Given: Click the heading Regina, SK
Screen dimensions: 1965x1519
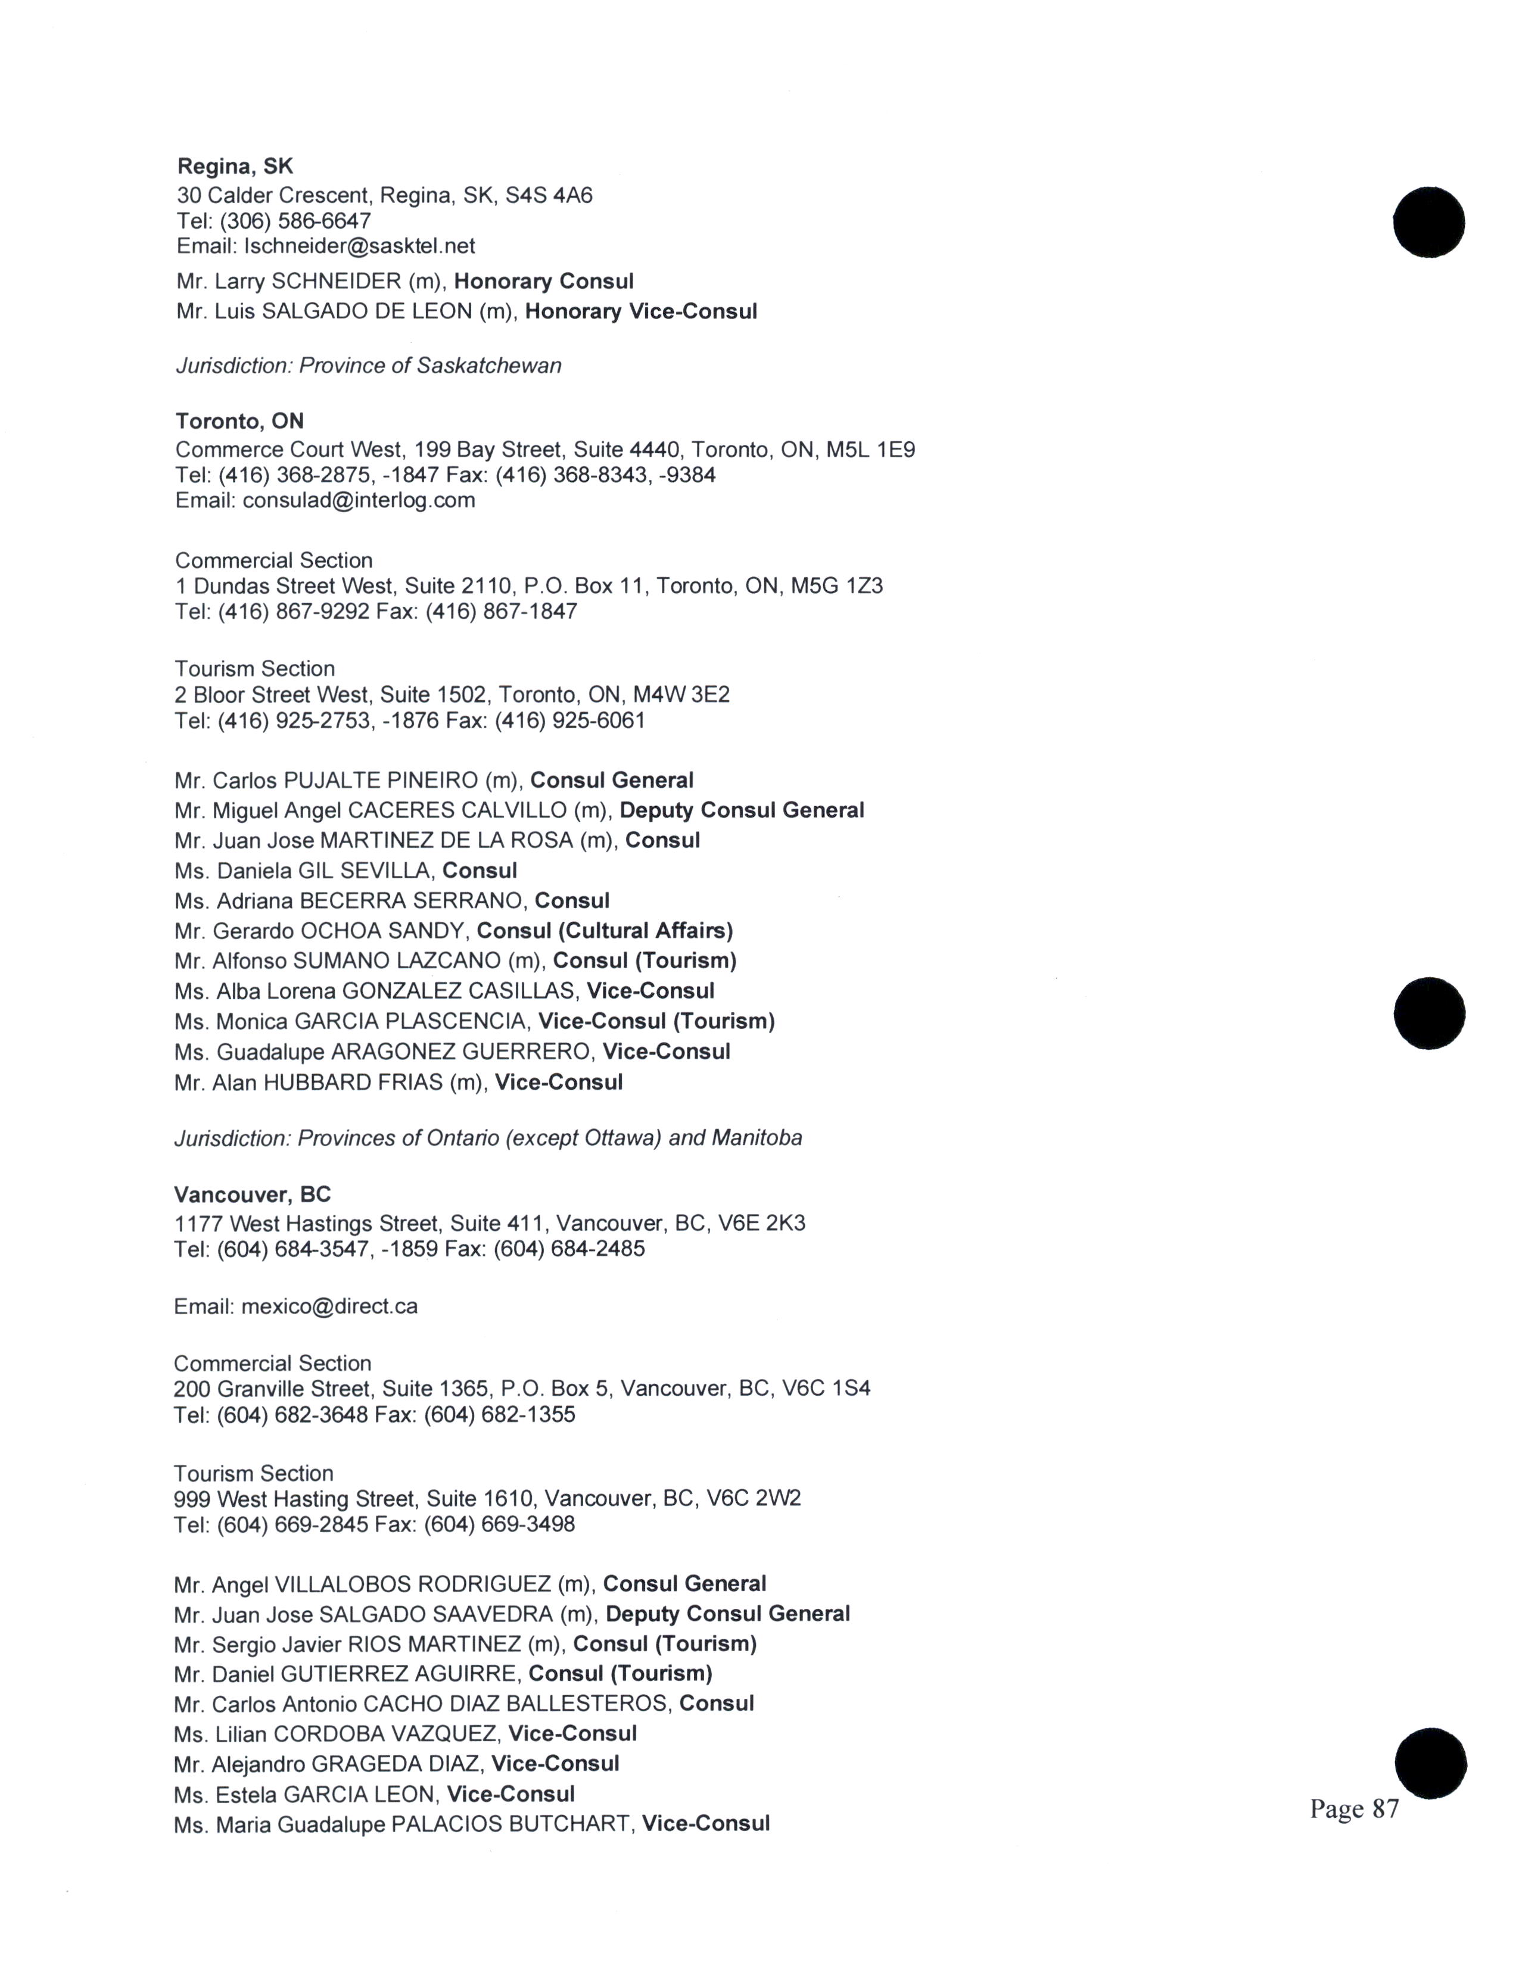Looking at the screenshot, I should pos(235,167).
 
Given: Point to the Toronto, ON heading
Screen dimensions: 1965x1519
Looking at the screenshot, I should pos(239,421).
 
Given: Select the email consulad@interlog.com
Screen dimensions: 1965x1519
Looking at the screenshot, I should pos(358,500).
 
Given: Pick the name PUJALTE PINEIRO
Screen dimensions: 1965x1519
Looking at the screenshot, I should pos(381,781).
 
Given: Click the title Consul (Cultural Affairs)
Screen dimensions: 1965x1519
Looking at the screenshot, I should pos(605,931).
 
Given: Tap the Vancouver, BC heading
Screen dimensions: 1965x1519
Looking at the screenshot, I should pos(252,1195).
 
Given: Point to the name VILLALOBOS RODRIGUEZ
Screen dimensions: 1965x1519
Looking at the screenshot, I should pos(412,1585).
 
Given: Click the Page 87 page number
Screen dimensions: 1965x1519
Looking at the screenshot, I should pos(1355,1808).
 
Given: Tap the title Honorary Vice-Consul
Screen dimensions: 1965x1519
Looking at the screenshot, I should pos(641,312).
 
